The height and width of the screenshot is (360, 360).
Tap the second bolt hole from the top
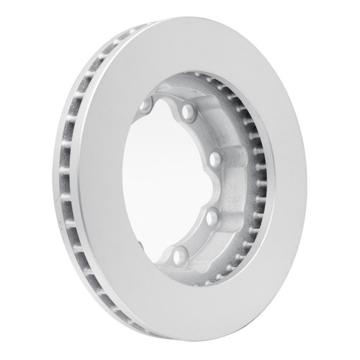click(189, 112)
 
